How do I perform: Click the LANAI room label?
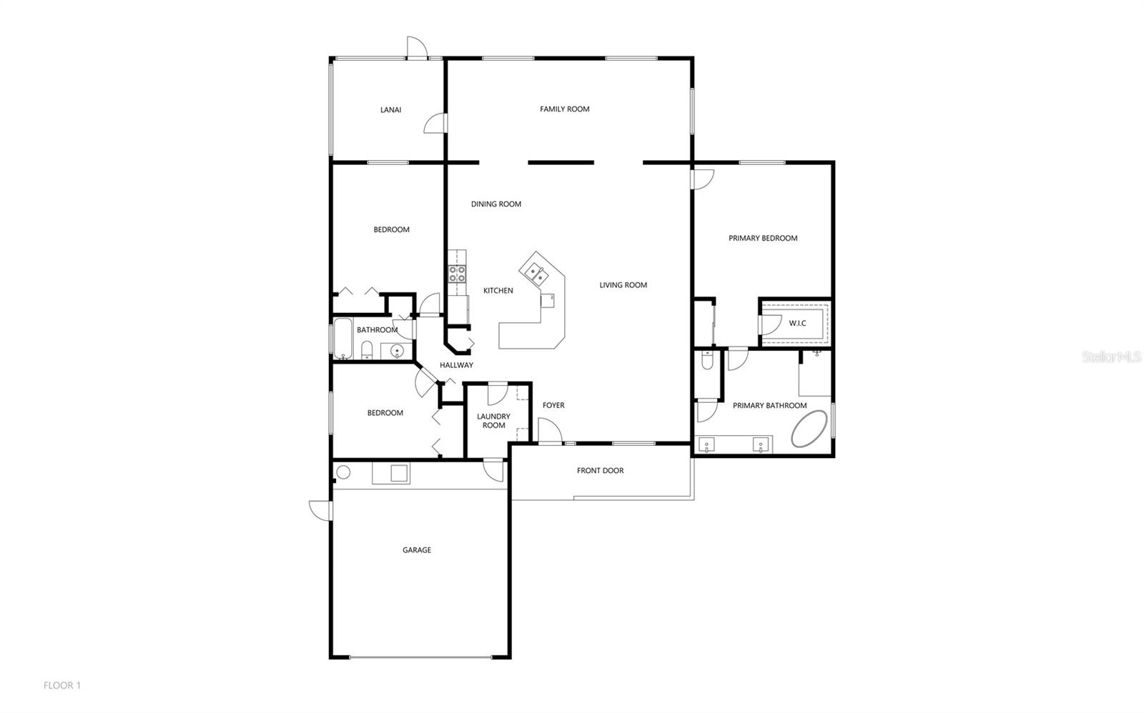point(390,110)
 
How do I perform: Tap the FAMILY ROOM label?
point(564,109)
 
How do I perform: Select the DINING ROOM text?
point(495,204)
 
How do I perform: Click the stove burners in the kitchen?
point(457,273)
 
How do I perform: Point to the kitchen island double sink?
point(534,271)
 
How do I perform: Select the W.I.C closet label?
point(797,324)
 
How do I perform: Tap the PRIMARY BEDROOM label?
point(763,239)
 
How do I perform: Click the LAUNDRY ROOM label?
point(493,421)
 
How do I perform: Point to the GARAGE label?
point(417,550)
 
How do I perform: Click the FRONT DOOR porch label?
point(600,471)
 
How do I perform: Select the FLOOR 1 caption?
point(62,686)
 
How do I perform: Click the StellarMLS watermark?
point(1111,356)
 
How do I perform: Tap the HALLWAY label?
point(456,365)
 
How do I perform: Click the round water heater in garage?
point(343,472)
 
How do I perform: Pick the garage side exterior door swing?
point(318,509)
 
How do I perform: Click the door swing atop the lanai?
point(416,47)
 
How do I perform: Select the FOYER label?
point(553,406)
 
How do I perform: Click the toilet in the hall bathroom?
point(367,350)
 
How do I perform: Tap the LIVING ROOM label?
point(623,285)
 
